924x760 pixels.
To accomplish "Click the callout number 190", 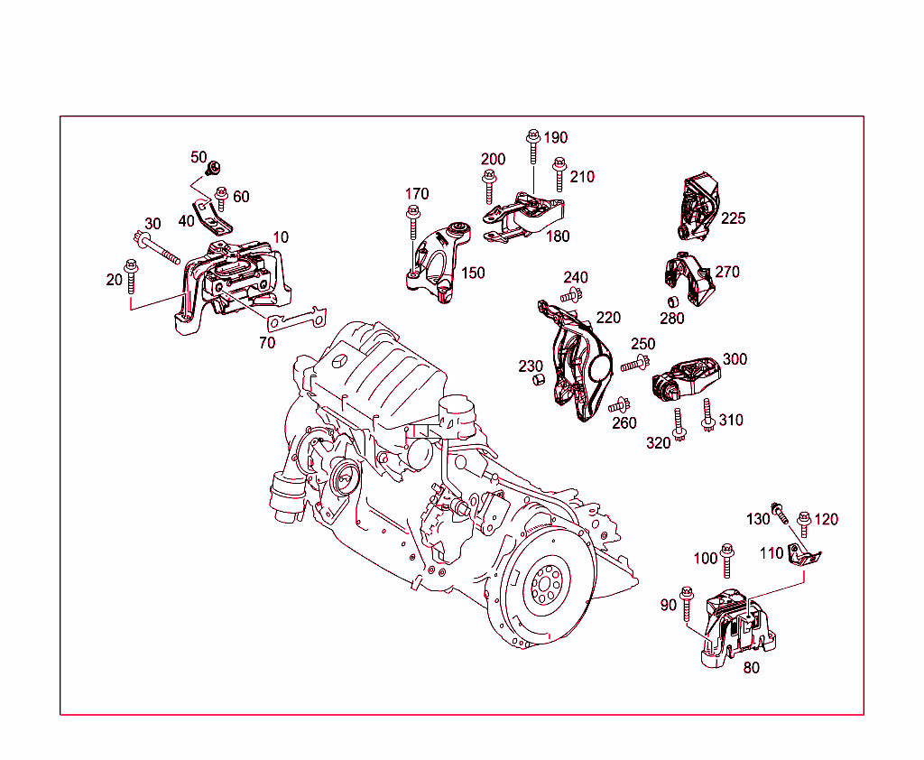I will [x=555, y=137].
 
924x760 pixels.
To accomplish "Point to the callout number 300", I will [x=735, y=359].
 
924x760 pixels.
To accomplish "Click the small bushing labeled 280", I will [x=672, y=301].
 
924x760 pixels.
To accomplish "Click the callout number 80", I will [x=751, y=669].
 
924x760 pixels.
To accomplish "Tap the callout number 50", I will [x=199, y=157].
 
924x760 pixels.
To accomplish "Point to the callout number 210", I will [x=582, y=177].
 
